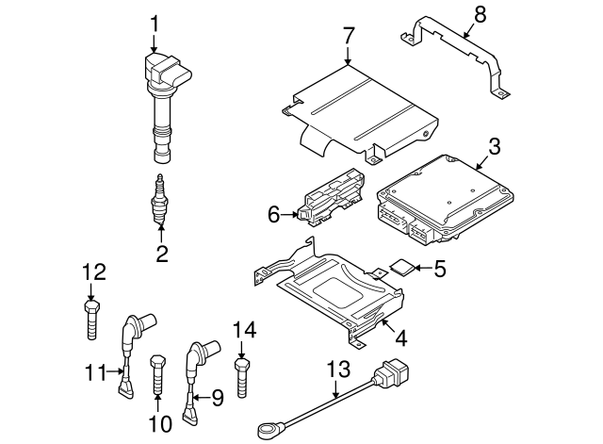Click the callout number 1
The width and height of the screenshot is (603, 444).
(155, 22)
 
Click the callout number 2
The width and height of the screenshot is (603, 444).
(162, 252)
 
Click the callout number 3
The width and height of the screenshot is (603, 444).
(494, 146)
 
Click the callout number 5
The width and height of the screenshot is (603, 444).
(440, 268)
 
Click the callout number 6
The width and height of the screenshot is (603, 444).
(274, 216)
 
